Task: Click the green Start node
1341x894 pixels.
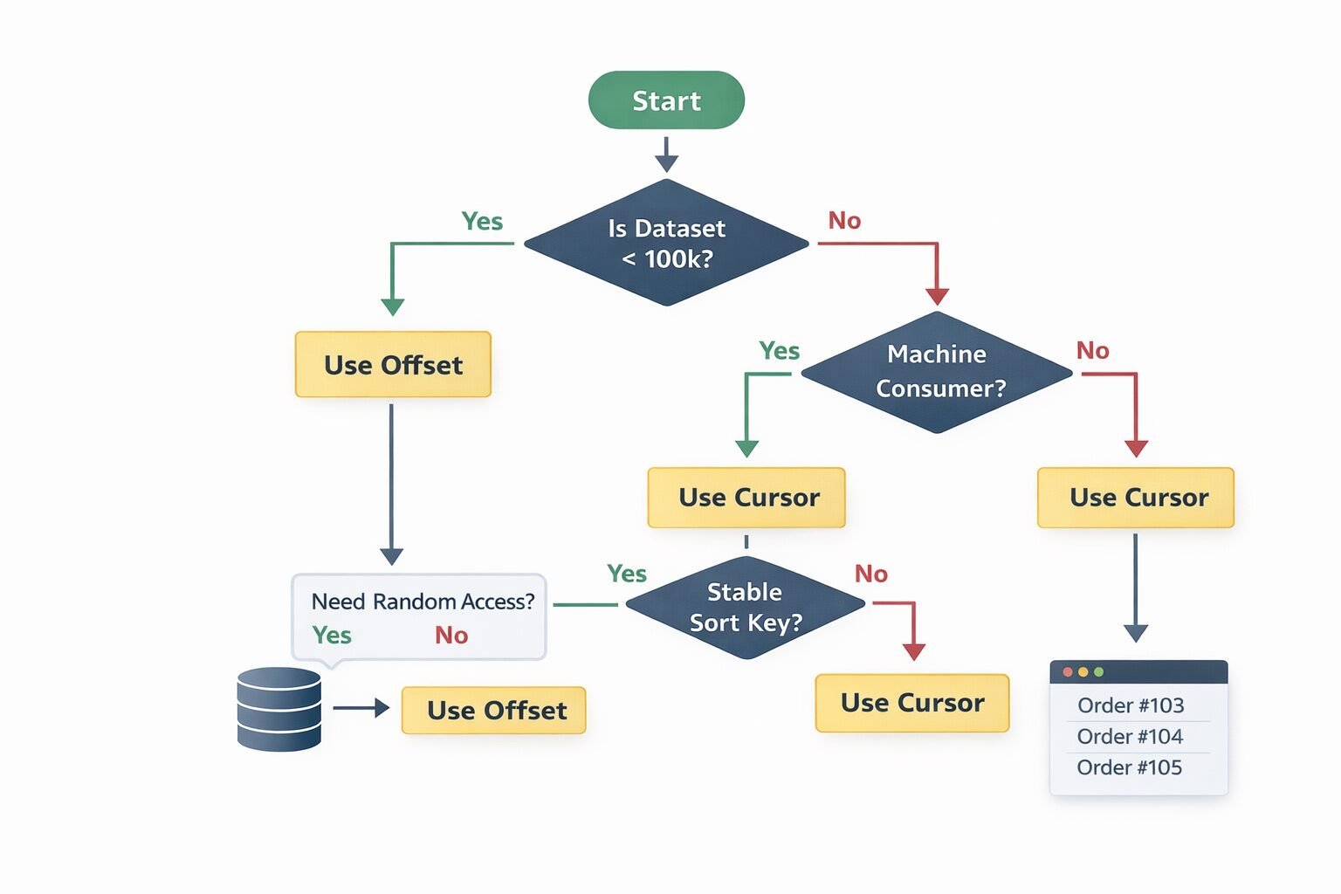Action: pyautogui.click(x=666, y=100)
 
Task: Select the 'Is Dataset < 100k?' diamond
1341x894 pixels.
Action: pyautogui.click(x=666, y=243)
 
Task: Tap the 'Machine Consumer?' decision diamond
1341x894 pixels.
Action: pyautogui.click(x=937, y=372)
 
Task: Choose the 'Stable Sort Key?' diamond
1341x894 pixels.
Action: pyautogui.click(x=745, y=607)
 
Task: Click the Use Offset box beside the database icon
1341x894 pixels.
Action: pyautogui.click(x=494, y=710)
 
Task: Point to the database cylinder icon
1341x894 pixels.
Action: pyautogui.click(x=279, y=709)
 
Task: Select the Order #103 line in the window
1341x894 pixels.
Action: pyautogui.click(x=1131, y=705)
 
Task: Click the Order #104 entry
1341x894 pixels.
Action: pyautogui.click(x=1130, y=737)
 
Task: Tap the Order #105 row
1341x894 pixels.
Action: pyautogui.click(x=1129, y=767)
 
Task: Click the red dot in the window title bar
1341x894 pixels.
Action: pyautogui.click(x=1068, y=672)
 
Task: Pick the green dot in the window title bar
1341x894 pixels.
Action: pyautogui.click(x=1099, y=672)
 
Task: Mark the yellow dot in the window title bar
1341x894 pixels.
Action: pyautogui.click(x=1083, y=672)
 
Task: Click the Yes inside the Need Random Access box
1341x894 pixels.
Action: pyautogui.click(x=332, y=636)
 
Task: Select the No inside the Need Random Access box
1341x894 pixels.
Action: pyautogui.click(x=451, y=636)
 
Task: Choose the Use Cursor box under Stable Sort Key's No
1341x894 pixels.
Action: pyautogui.click(x=912, y=703)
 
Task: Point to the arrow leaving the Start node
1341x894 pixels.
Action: pyautogui.click(x=666, y=155)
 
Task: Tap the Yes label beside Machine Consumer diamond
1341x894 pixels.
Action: pyautogui.click(x=779, y=351)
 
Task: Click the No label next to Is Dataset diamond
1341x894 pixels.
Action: pyautogui.click(x=844, y=221)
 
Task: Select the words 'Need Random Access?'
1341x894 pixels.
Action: pyautogui.click(x=423, y=602)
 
